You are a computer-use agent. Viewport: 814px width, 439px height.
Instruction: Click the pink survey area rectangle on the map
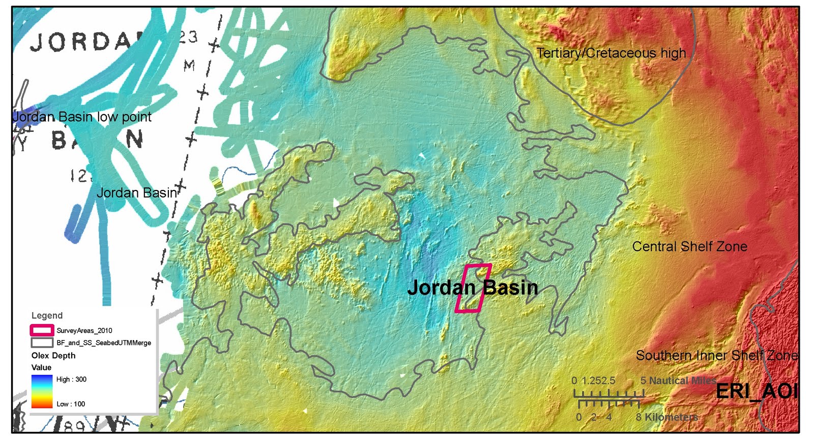pos(473,288)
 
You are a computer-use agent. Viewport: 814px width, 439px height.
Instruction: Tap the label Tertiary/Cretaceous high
pos(611,53)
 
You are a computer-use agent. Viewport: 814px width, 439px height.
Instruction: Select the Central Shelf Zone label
pos(689,246)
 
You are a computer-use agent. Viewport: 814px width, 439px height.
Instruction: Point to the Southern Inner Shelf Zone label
pos(716,355)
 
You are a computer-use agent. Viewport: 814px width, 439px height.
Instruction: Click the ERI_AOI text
pos(755,391)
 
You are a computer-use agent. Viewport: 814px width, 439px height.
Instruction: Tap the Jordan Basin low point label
pos(81,117)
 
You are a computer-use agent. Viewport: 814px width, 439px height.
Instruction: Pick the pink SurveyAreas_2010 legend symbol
pos(42,330)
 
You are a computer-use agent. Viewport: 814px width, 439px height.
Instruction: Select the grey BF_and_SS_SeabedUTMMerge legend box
pos(42,342)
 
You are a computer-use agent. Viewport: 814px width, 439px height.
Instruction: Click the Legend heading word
pos(47,315)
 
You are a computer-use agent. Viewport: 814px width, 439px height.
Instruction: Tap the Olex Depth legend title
pos(53,355)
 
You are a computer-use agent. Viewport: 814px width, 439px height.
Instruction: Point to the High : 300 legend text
pos(71,379)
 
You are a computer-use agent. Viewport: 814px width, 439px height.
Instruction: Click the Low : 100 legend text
pos(71,404)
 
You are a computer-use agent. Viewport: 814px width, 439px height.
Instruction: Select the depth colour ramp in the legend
pos(42,391)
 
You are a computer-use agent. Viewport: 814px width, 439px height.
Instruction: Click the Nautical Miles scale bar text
pos(682,380)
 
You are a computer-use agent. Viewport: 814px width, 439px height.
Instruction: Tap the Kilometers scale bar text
pos(671,417)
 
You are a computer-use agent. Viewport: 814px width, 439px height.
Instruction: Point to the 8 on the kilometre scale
pos(638,417)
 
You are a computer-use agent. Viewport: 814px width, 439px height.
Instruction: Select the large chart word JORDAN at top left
pos(81,42)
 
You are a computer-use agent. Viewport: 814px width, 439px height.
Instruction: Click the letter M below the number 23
pos(189,65)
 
